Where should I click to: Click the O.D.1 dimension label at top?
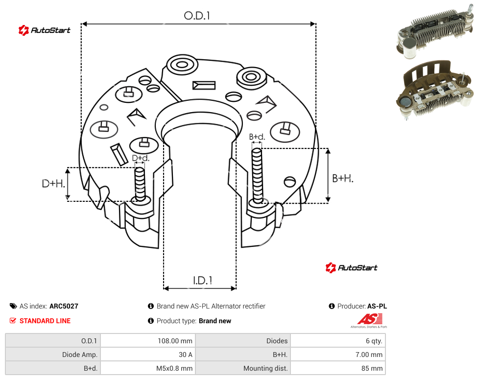[197, 16]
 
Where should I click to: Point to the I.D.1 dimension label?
[202, 281]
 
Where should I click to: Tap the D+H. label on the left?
[53, 184]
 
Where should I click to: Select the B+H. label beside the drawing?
[343, 178]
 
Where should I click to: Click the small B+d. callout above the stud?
[257, 137]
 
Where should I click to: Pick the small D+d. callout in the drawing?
[141, 158]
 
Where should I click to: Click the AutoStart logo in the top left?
[44, 30]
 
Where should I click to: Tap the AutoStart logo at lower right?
[351, 268]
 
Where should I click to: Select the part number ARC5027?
[64, 306]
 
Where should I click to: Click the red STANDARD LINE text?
[45, 321]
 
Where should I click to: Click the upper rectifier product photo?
[435, 31]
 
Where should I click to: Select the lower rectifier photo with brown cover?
[435, 90]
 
